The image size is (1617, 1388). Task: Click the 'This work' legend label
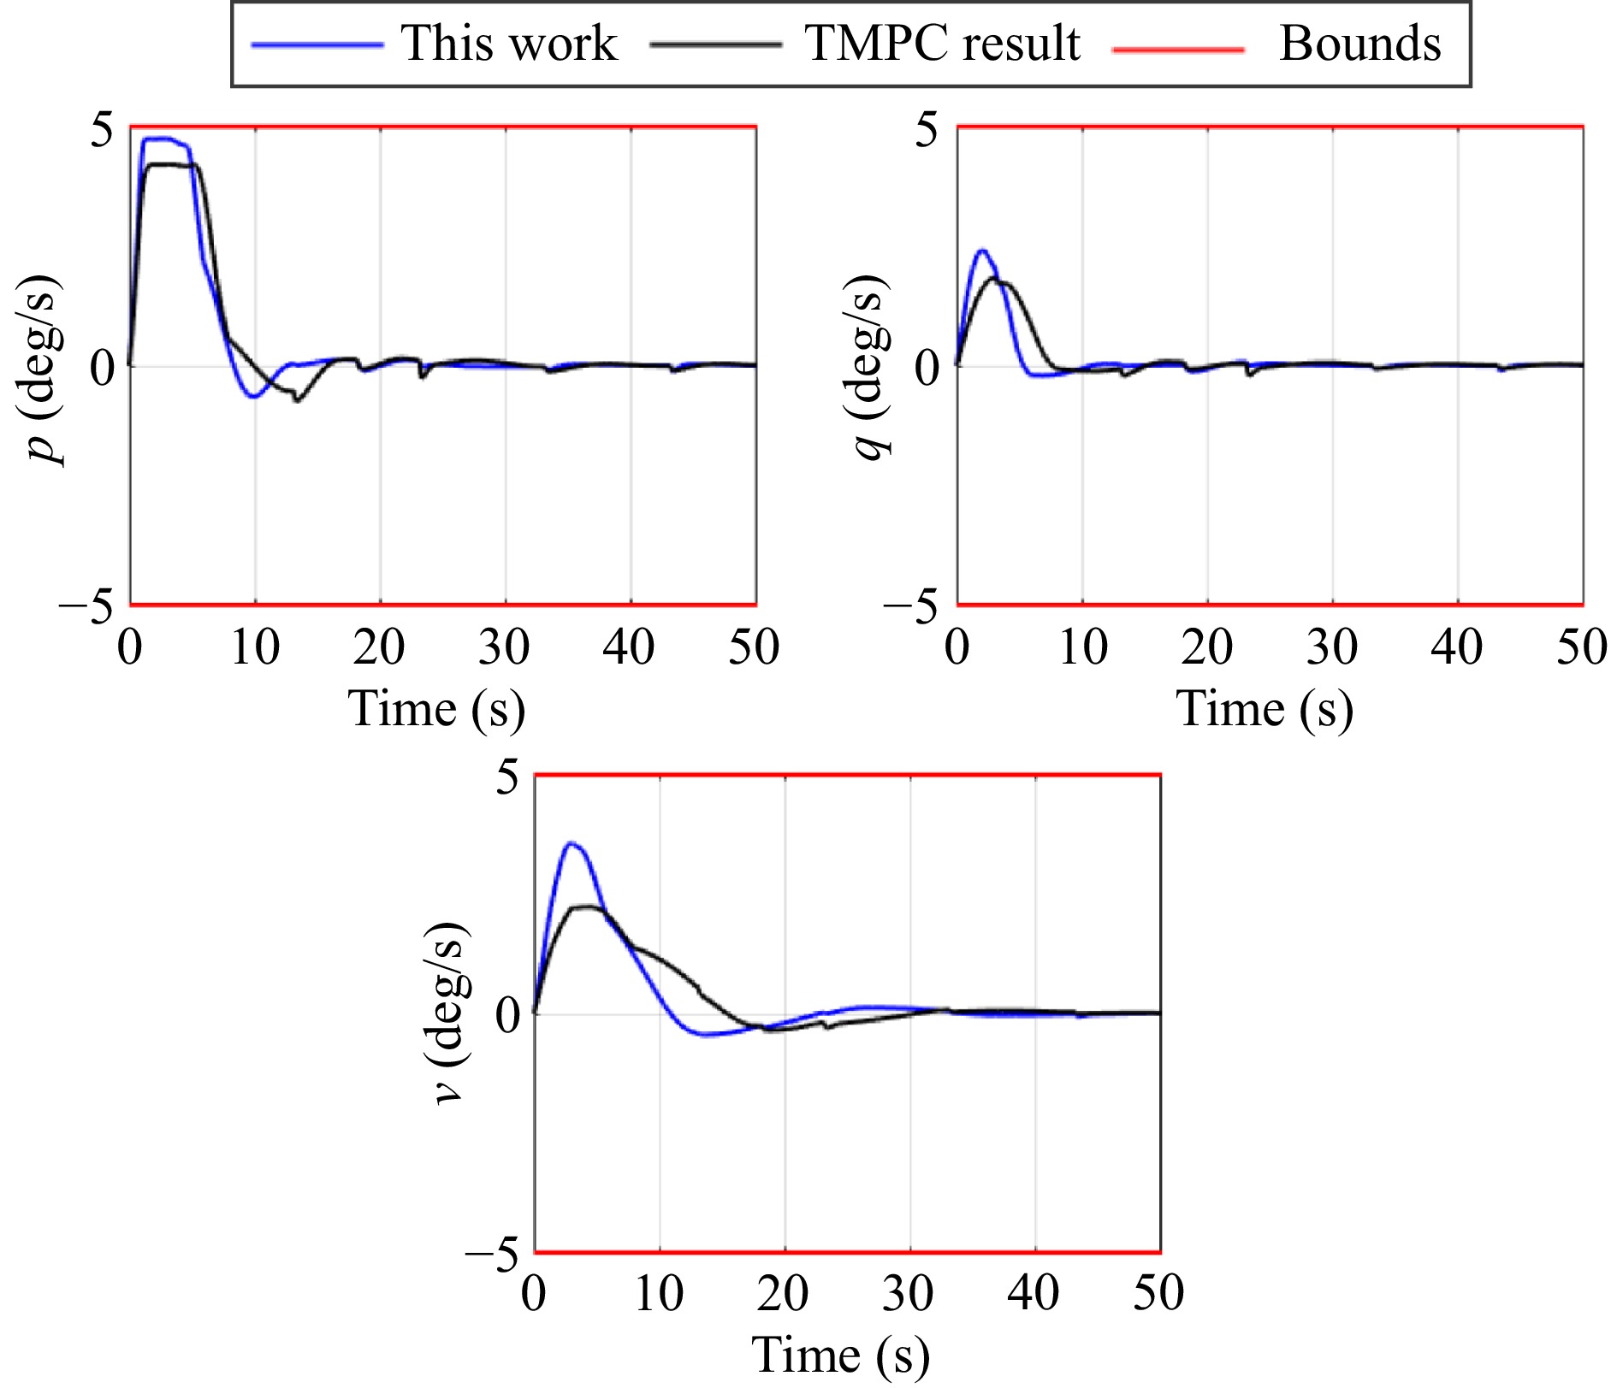508,43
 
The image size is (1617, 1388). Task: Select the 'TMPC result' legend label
942,43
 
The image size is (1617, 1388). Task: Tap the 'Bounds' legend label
1359,43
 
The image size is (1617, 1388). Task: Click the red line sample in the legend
1178,50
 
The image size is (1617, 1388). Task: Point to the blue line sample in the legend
317,44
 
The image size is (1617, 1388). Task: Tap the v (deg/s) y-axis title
450,1015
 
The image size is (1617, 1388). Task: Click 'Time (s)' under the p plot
436,709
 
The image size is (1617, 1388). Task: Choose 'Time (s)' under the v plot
841,1356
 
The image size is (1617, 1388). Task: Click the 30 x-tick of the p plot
504,647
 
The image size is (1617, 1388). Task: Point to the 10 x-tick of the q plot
1083,647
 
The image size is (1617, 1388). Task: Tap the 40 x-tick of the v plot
1034,1294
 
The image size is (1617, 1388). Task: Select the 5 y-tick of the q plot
927,130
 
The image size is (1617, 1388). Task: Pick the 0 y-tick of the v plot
506,1016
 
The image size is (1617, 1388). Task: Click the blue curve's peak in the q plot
982,251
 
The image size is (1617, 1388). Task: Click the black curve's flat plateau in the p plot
171,164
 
